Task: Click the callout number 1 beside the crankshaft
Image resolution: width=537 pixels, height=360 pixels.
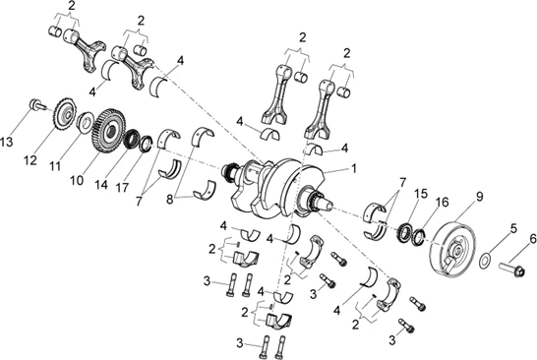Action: [354, 168]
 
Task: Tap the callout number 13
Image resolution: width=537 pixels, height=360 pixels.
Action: [6, 142]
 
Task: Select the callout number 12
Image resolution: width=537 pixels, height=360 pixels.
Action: [30, 160]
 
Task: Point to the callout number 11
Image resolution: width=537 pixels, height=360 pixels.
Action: [55, 166]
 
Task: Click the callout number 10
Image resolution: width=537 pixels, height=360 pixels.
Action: [77, 180]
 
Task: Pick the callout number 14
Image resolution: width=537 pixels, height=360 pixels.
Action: [101, 185]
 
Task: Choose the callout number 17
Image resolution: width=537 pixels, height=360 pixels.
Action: [122, 187]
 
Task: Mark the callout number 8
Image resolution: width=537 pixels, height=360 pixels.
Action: [170, 200]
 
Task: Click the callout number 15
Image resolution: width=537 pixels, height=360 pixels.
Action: [421, 194]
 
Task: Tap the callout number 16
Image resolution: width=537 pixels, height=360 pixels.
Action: [443, 202]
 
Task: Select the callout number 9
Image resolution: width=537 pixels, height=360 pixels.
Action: [479, 197]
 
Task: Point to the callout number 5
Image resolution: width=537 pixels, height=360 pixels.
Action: [512, 228]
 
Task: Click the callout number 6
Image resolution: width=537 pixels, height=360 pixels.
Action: [532, 239]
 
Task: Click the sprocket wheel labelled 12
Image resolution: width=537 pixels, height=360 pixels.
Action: [64, 113]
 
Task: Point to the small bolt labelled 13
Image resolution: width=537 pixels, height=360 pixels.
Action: [37, 104]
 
